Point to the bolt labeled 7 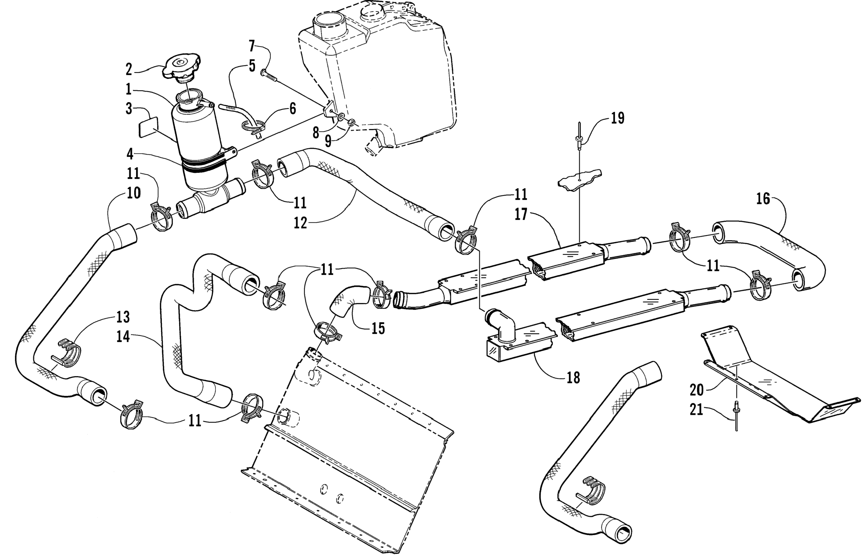(x=269, y=76)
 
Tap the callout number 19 (x=617, y=118)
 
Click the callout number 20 (x=697, y=390)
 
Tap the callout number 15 (x=378, y=328)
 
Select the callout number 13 (x=123, y=317)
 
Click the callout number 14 (x=123, y=337)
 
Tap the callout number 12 (x=301, y=223)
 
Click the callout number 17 (x=521, y=214)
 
